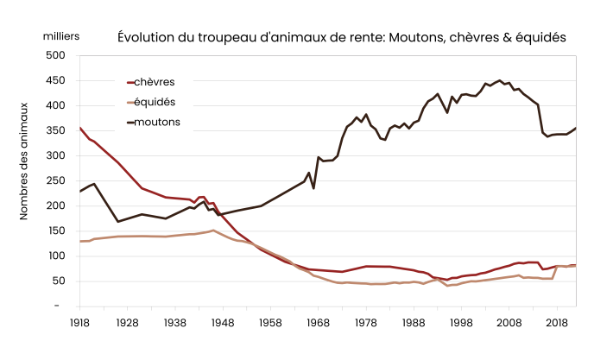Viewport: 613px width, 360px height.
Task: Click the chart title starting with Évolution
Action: tap(341, 38)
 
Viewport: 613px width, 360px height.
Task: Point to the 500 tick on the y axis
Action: tap(55, 55)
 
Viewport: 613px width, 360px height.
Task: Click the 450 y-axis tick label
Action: tap(55, 80)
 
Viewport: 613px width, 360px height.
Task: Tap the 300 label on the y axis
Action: tap(55, 156)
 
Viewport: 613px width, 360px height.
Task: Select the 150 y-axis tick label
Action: tap(55, 231)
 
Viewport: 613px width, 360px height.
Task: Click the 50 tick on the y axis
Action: tap(58, 281)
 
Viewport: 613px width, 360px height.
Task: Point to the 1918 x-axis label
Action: tap(79, 322)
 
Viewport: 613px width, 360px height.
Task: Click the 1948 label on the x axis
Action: tap(224, 322)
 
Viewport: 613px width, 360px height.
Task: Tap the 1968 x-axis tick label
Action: tap(318, 322)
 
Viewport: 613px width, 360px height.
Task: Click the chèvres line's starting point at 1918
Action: tap(80, 128)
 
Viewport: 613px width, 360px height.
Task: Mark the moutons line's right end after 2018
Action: tap(575, 128)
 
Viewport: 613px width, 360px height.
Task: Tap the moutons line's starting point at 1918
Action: tap(80, 191)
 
